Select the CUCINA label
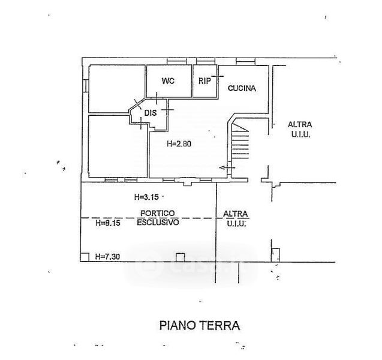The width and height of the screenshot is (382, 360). pyautogui.click(x=242, y=88)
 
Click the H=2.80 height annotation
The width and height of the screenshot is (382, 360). pyautogui.click(x=179, y=144)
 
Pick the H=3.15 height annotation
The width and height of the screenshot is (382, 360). pyautogui.click(x=146, y=196)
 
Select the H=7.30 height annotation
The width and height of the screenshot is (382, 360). pyautogui.click(x=108, y=256)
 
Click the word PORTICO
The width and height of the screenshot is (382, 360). pyautogui.click(x=158, y=213)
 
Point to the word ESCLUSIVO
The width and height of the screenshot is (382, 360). pyautogui.click(x=158, y=222)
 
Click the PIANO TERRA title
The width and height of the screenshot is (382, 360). pyautogui.click(x=199, y=326)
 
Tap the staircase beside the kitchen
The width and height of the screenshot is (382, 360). pyautogui.click(x=240, y=141)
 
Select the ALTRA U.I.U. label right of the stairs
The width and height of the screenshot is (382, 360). pyautogui.click(x=299, y=130)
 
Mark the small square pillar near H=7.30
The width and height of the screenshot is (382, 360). pyautogui.click(x=85, y=256)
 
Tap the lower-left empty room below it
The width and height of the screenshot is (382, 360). pyautogui.click(x=118, y=146)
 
